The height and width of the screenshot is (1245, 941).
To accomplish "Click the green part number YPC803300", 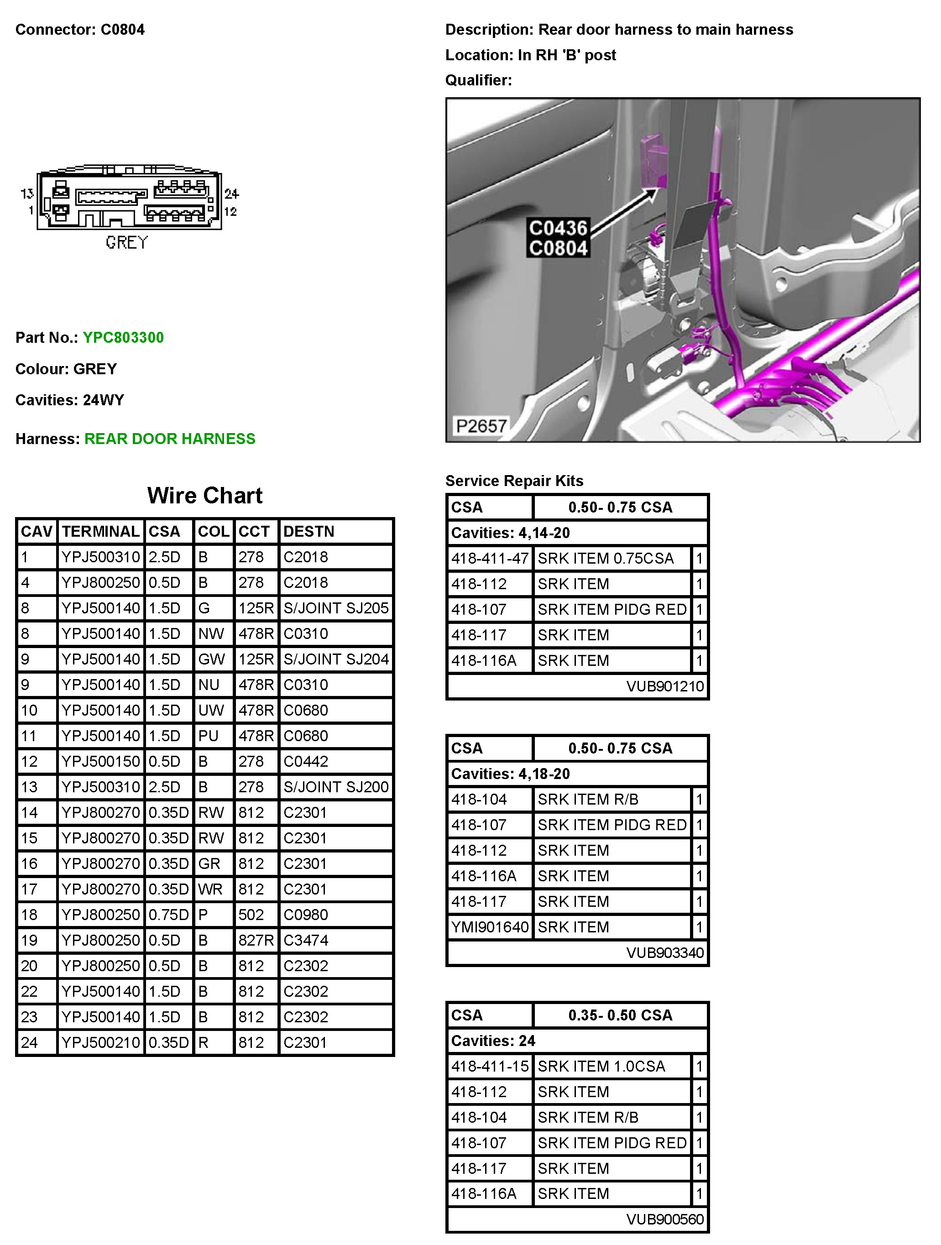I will pyautogui.click(x=123, y=338).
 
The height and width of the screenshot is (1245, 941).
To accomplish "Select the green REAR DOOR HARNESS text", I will pyautogui.click(x=169, y=439).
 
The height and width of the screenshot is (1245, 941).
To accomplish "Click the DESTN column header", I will pyautogui.click(x=308, y=532).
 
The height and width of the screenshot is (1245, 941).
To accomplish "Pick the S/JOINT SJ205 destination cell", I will pyautogui.click(x=336, y=608).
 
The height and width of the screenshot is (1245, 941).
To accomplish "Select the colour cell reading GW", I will pyautogui.click(x=212, y=659).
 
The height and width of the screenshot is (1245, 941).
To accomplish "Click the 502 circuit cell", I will pyautogui.click(x=251, y=915).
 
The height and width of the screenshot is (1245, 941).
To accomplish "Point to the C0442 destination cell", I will pyautogui.click(x=306, y=762).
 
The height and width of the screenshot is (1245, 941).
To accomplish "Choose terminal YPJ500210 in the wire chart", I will pyautogui.click(x=101, y=1043).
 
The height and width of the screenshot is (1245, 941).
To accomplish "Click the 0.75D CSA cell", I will pyautogui.click(x=168, y=915).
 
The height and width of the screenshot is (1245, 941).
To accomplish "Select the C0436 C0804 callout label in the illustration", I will pyautogui.click(x=558, y=238).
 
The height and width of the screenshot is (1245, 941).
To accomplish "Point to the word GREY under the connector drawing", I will pyautogui.click(x=126, y=243).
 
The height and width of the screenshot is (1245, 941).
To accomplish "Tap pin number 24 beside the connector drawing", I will pyautogui.click(x=231, y=194).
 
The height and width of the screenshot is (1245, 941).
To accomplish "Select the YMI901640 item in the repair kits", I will pyautogui.click(x=490, y=927).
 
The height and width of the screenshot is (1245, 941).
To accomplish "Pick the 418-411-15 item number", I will pyautogui.click(x=490, y=1067).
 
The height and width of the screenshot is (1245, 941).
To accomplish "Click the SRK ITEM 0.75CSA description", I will pyautogui.click(x=606, y=558).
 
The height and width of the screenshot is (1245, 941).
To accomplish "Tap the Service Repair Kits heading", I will pyautogui.click(x=514, y=481).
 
